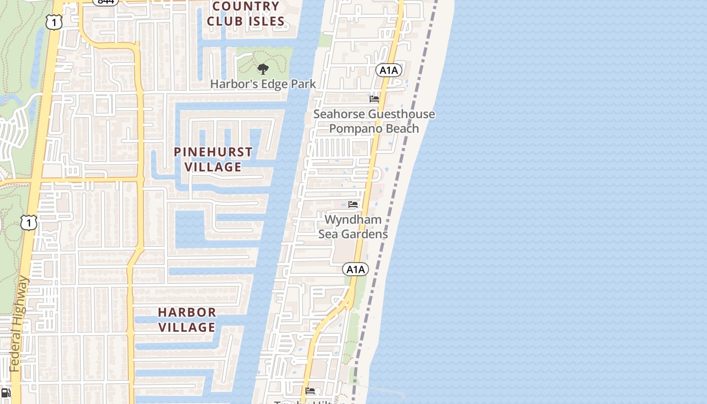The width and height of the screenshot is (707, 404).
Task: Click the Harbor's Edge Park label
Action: pos(263,84)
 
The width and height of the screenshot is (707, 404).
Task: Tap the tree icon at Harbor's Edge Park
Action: pos(263,69)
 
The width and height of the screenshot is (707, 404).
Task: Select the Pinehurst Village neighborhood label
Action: pos(213,159)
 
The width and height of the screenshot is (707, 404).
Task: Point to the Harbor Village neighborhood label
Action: pos(187,320)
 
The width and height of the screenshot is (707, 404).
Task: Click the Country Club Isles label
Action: pos(246,14)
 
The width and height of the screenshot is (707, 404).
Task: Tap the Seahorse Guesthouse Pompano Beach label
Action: pos(374,121)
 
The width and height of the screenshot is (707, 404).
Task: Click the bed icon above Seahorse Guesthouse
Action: pos(374,99)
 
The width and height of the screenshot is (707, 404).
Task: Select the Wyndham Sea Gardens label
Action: pos(353,227)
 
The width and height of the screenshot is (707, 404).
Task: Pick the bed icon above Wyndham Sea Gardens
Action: pos(353,205)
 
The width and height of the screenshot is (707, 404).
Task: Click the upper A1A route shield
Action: pos(388,70)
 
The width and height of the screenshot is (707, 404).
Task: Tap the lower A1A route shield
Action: pos(356,269)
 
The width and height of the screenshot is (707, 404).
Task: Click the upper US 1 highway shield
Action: pos(54,22)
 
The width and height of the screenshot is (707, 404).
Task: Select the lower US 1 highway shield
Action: pos(29,223)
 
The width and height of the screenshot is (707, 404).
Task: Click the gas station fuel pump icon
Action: pos(6,393)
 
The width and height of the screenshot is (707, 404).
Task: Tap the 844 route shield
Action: pos(106,2)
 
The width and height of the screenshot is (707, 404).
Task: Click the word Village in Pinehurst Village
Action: pos(213,167)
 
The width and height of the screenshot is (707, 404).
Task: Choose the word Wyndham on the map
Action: pos(353,220)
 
